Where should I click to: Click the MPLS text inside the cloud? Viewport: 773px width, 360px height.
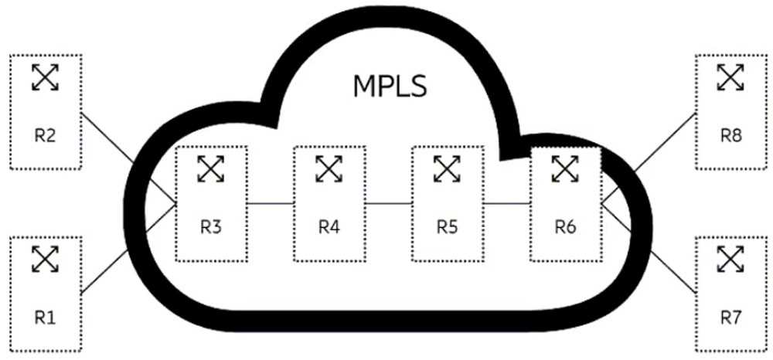pos(390,86)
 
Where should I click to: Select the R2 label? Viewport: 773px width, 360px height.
pos(45,136)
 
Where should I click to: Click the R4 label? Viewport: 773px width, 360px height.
pos(329,227)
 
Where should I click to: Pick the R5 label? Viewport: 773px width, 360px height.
pos(447,227)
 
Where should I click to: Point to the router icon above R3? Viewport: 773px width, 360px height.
pos(210,168)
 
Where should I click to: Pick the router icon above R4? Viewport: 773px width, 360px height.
pos(329,168)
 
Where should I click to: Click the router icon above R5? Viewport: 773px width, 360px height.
pos(447,168)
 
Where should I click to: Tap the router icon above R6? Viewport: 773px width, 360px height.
pos(565,168)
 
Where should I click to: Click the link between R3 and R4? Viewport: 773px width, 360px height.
pos(271,203)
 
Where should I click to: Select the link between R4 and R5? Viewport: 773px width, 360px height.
pos(388,203)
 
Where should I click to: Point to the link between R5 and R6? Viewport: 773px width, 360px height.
pos(506,203)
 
